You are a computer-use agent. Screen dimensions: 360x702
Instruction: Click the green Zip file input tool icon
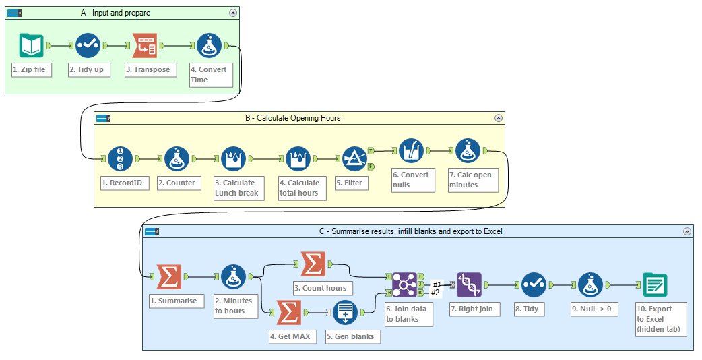[31, 45]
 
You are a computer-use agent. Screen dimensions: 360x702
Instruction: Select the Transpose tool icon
[144, 45]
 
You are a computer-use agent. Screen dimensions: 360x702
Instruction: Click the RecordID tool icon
[120, 159]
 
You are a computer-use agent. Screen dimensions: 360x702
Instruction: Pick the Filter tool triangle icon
[353, 159]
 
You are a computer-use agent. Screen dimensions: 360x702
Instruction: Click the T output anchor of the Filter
[371, 151]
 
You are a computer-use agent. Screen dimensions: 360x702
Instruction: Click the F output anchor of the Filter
[371, 166]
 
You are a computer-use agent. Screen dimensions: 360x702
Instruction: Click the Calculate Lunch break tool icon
[234, 159]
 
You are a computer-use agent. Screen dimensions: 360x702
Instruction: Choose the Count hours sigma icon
[313, 264]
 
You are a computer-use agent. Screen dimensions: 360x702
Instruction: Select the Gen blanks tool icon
[345, 313]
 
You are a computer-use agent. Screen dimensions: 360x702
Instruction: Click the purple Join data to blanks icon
[405, 284]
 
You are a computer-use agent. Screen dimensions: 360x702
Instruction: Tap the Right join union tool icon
[469, 284]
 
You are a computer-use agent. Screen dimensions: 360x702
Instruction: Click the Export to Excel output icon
[655, 284]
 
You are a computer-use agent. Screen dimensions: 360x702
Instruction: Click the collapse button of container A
[233, 13]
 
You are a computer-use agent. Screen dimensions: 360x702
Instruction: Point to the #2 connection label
[436, 292]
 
